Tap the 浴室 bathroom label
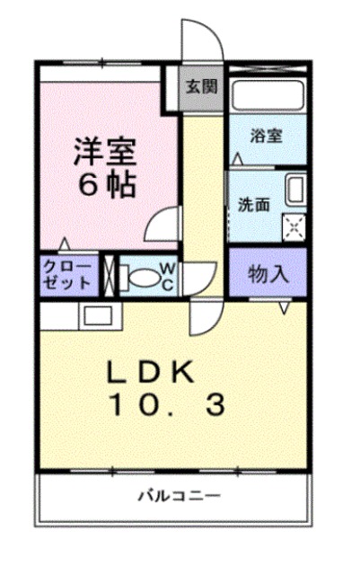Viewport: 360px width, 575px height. coord(267,137)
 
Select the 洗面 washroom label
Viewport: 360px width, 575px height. coord(254,204)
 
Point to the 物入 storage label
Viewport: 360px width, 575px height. coord(268,273)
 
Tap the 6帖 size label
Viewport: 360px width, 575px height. coord(105,184)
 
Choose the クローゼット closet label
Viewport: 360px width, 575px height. coord(67,274)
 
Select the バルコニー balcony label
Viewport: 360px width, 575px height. coord(179,495)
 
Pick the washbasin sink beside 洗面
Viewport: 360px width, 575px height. coord(295,190)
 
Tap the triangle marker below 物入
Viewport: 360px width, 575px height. coord(284,307)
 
